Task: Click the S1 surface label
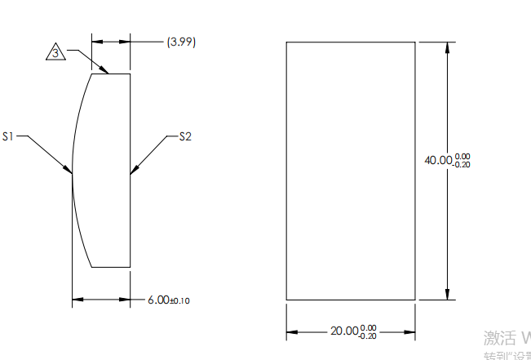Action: coord(9,136)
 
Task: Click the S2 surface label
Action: coord(185,136)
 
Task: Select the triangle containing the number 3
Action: coord(55,53)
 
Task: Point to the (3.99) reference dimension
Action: coord(181,41)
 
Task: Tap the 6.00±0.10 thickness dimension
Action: coord(168,300)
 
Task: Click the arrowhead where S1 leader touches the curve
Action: coord(69,169)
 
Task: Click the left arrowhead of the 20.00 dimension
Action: coord(291,331)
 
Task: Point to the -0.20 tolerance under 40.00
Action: coord(462,165)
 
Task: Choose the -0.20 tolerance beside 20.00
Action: coord(368,336)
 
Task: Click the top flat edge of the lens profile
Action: coord(110,74)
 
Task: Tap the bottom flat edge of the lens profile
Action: coord(111,266)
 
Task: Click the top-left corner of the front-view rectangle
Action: coord(286,42)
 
